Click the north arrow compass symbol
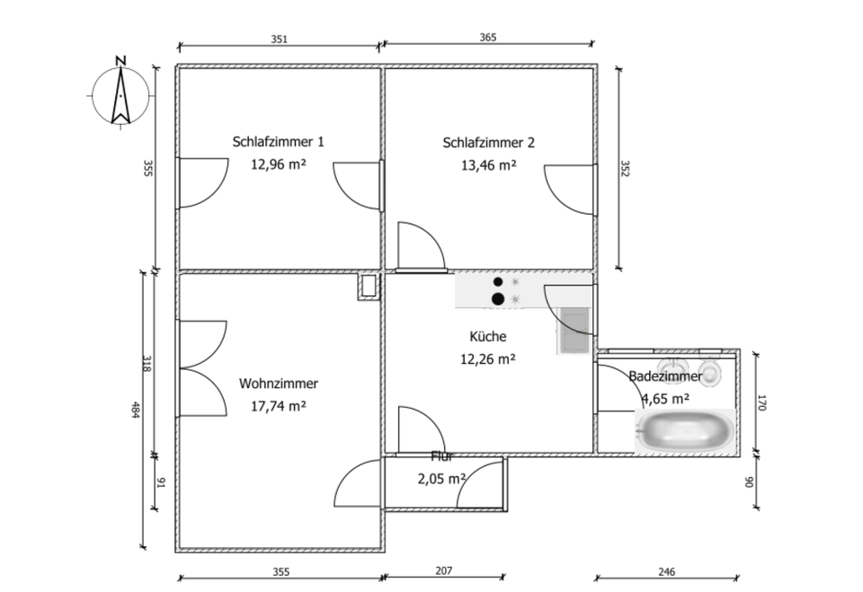click(x=119, y=91)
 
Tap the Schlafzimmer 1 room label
click(x=278, y=142)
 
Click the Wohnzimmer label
click(x=278, y=384)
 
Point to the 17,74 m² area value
click(x=278, y=405)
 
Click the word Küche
click(x=488, y=337)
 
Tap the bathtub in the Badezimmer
click(x=685, y=430)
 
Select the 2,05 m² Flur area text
click(x=440, y=479)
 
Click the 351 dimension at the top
click(x=279, y=39)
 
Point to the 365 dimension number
click(x=488, y=38)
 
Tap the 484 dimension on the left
click(x=136, y=409)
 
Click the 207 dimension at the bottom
click(x=443, y=570)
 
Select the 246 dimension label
click(x=666, y=571)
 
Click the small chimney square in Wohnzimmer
click(x=369, y=287)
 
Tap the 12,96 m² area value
click(x=278, y=164)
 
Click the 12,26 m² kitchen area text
click(x=488, y=358)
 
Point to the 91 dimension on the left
click(x=161, y=483)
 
